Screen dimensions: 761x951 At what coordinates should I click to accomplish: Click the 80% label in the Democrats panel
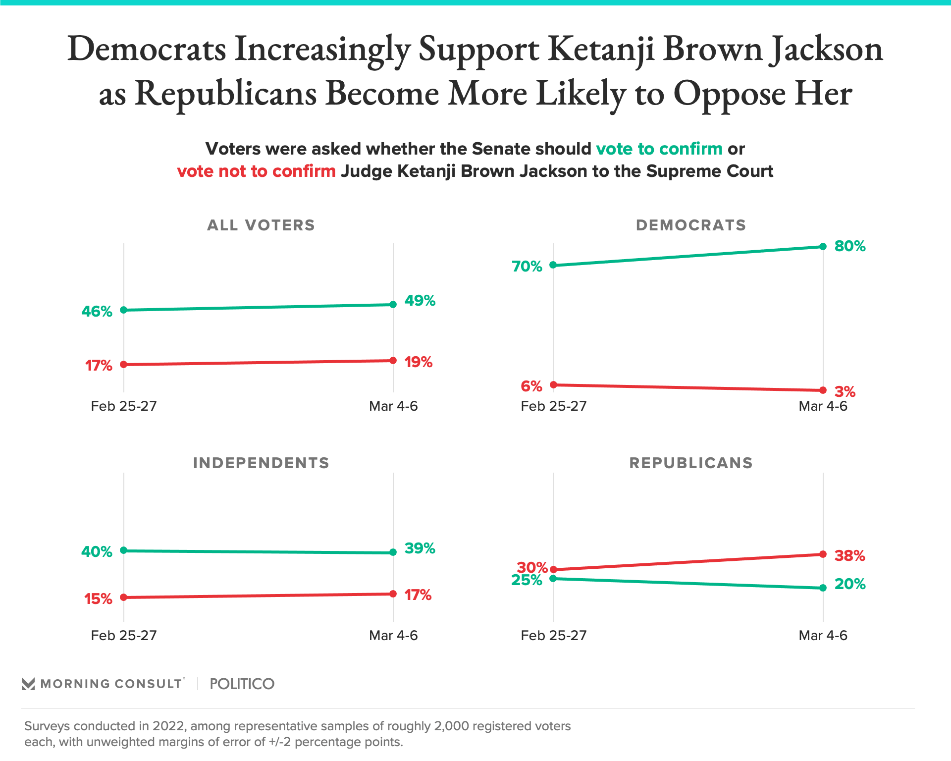click(850, 246)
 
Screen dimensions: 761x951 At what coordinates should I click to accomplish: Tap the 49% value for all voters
click(420, 301)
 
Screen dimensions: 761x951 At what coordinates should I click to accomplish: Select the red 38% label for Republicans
click(850, 556)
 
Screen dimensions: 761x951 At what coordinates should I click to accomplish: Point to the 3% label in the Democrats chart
click(845, 392)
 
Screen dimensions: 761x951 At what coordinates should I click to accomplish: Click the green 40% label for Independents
click(97, 551)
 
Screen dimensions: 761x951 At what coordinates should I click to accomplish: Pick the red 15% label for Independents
click(98, 599)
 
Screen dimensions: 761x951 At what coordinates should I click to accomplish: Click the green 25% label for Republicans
click(527, 580)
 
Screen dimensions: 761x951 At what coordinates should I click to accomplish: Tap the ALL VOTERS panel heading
click(261, 225)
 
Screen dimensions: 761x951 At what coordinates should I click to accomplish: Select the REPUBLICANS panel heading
click(691, 463)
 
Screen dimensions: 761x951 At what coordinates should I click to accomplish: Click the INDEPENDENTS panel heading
click(261, 463)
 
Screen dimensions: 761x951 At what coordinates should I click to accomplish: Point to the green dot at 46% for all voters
click(124, 310)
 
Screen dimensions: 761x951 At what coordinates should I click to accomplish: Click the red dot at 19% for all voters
click(393, 361)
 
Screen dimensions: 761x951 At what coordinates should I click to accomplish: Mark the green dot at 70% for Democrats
click(553, 265)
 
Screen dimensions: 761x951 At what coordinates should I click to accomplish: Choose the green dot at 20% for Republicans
click(823, 588)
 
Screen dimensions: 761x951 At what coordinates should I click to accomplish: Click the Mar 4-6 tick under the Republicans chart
click(823, 636)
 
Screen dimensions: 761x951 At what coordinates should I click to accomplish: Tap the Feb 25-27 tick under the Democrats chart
click(553, 407)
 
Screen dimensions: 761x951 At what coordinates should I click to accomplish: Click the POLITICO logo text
click(242, 684)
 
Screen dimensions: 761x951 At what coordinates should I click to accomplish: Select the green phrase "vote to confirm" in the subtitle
click(659, 149)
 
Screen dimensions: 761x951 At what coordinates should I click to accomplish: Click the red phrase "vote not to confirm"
click(256, 171)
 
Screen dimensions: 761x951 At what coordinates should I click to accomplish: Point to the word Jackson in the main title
click(826, 50)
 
